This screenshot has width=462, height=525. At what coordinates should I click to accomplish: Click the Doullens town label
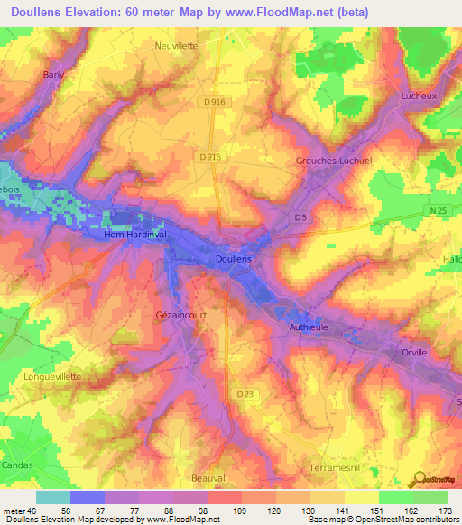tap(234, 259)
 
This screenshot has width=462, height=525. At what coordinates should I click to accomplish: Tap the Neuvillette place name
tap(175, 44)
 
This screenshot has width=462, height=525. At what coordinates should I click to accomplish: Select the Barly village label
tap(53, 76)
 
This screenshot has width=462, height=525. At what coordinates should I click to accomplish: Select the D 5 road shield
tap(302, 217)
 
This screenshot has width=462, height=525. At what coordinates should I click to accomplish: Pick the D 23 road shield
tap(245, 393)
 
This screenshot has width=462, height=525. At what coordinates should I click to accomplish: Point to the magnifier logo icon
tap(418, 479)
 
